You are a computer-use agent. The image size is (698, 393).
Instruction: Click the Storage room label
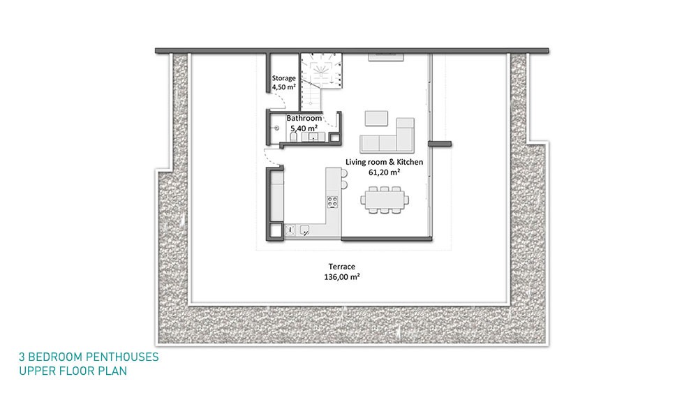point(283,78)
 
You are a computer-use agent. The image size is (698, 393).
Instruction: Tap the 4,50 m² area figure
point(283,87)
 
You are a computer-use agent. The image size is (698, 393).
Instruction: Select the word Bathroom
point(304,118)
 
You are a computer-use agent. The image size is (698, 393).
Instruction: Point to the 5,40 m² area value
point(304,128)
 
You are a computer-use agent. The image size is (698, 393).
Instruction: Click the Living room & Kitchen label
point(384,162)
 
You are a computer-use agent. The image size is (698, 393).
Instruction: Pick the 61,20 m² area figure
point(384,172)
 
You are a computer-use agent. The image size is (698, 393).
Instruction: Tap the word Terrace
point(342,267)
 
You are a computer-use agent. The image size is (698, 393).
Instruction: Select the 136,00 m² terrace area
point(342,277)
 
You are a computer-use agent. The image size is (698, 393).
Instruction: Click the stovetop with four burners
point(332,202)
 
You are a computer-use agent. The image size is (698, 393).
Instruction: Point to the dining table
point(385,200)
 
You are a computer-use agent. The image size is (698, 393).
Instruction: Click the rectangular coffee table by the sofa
point(376,119)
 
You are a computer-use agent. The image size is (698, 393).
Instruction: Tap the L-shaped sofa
point(387,135)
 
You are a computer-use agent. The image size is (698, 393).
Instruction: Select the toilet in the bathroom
point(294,137)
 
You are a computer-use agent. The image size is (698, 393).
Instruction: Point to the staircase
point(320,82)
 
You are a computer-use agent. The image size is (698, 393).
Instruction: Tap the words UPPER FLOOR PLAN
point(73,371)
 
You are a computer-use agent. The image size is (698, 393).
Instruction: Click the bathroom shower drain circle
point(276,128)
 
